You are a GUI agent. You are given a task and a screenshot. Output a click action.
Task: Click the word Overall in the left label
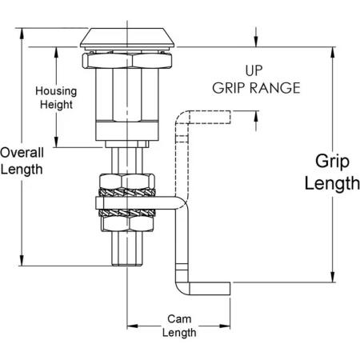(22, 153)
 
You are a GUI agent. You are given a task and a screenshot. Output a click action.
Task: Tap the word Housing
(56, 91)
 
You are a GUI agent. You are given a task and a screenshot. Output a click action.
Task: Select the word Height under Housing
(56, 105)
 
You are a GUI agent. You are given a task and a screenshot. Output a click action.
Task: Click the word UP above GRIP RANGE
(254, 70)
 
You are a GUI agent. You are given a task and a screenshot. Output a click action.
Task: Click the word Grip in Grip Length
(332, 162)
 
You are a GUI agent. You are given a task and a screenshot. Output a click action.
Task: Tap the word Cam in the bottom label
(179, 319)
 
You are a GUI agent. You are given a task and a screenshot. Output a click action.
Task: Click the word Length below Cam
(179, 333)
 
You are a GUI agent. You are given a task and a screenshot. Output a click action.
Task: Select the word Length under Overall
(22, 170)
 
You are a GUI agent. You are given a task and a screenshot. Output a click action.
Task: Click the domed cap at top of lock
(127, 38)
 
